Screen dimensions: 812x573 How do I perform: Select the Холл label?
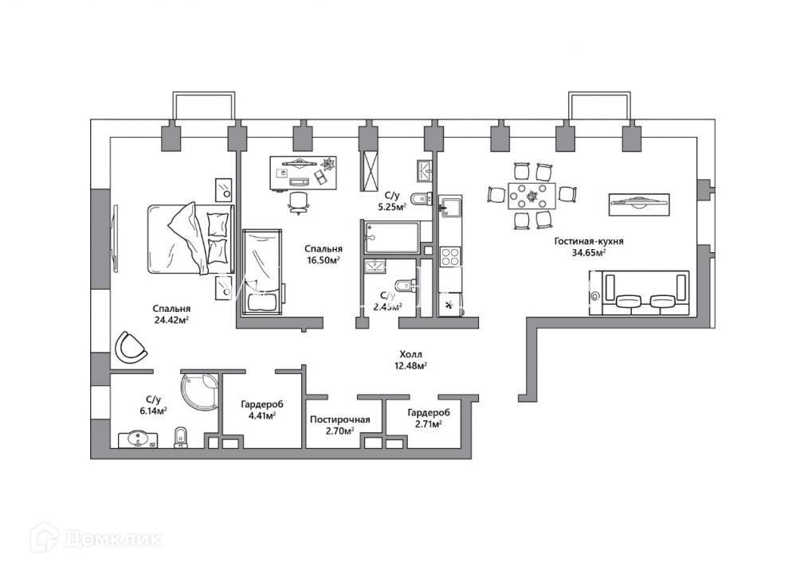[x=411, y=354]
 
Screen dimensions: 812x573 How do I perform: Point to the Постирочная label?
[x=340, y=419]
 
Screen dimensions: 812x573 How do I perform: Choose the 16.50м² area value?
[x=324, y=259]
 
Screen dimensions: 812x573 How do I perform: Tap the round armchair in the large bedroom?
[x=131, y=346]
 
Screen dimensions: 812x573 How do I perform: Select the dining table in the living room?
[x=532, y=195]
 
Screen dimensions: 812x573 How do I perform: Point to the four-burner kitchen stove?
[x=450, y=256]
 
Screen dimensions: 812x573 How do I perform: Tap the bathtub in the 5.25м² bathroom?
[x=392, y=236]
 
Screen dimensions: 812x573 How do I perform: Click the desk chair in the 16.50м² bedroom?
[x=299, y=201]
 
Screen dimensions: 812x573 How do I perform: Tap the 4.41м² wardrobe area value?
[x=258, y=415]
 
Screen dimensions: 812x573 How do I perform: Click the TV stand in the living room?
[x=640, y=205]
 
